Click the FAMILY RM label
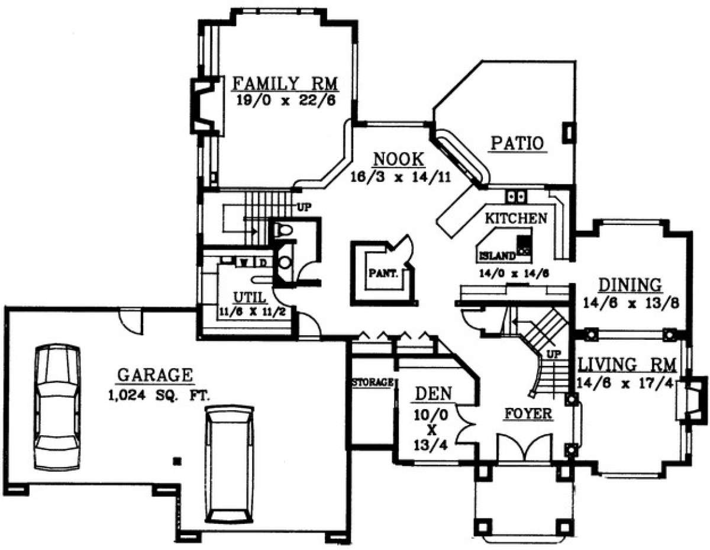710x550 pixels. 285,83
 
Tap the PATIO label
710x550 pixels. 518,143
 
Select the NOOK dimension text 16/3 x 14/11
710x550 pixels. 401,177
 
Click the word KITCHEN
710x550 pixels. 516,218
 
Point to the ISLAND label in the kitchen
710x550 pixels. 497,256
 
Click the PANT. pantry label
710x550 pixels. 383,273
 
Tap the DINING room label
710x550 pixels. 630,285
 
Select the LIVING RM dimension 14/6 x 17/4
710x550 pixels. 625,383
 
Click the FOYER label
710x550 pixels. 529,414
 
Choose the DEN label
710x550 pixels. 434,394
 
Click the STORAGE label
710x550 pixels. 373,382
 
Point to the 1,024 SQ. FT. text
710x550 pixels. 159,397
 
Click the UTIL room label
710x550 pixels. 250,297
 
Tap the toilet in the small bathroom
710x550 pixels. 283,230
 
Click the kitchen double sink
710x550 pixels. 517,197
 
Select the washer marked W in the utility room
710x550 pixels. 244,262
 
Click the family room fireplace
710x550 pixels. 207,105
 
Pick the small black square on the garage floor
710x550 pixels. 177,461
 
